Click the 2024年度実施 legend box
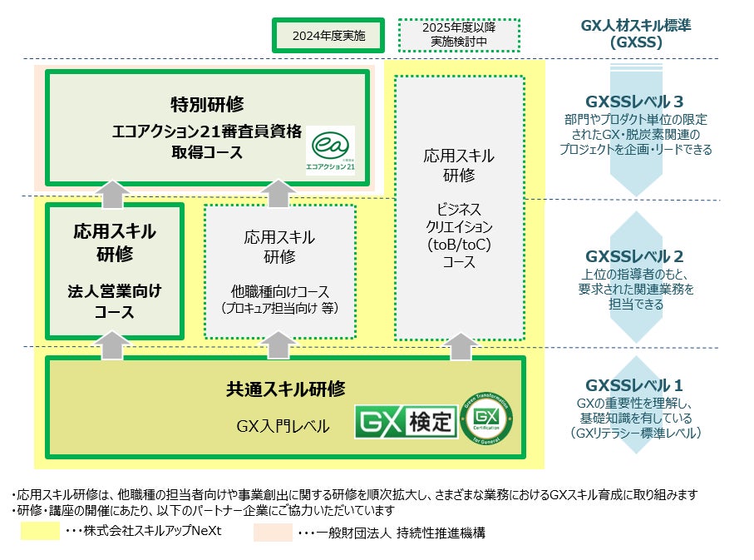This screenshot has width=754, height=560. click(x=328, y=36)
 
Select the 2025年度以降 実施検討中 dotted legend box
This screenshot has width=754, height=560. click(x=459, y=36)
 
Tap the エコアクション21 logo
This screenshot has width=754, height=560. click(x=329, y=151)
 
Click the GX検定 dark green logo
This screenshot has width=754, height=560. click(x=406, y=422)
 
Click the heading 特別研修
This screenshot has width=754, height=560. click(x=207, y=104)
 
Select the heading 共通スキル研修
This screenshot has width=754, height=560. click(x=285, y=388)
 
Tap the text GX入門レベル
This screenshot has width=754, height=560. click(x=283, y=427)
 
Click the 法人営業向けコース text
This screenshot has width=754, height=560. click(x=114, y=302)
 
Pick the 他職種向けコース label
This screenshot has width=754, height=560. click(x=280, y=292)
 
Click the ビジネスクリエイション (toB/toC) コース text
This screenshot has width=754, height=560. click(x=460, y=235)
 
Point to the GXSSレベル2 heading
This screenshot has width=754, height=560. click(x=634, y=256)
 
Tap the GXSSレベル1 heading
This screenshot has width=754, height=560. click(x=634, y=385)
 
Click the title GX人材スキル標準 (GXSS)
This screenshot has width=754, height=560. click(x=635, y=32)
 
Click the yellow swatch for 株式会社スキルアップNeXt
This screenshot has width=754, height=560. click(x=41, y=532)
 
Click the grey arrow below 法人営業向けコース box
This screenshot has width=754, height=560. click(x=114, y=345)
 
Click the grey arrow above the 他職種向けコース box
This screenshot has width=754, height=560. click(x=280, y=193)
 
